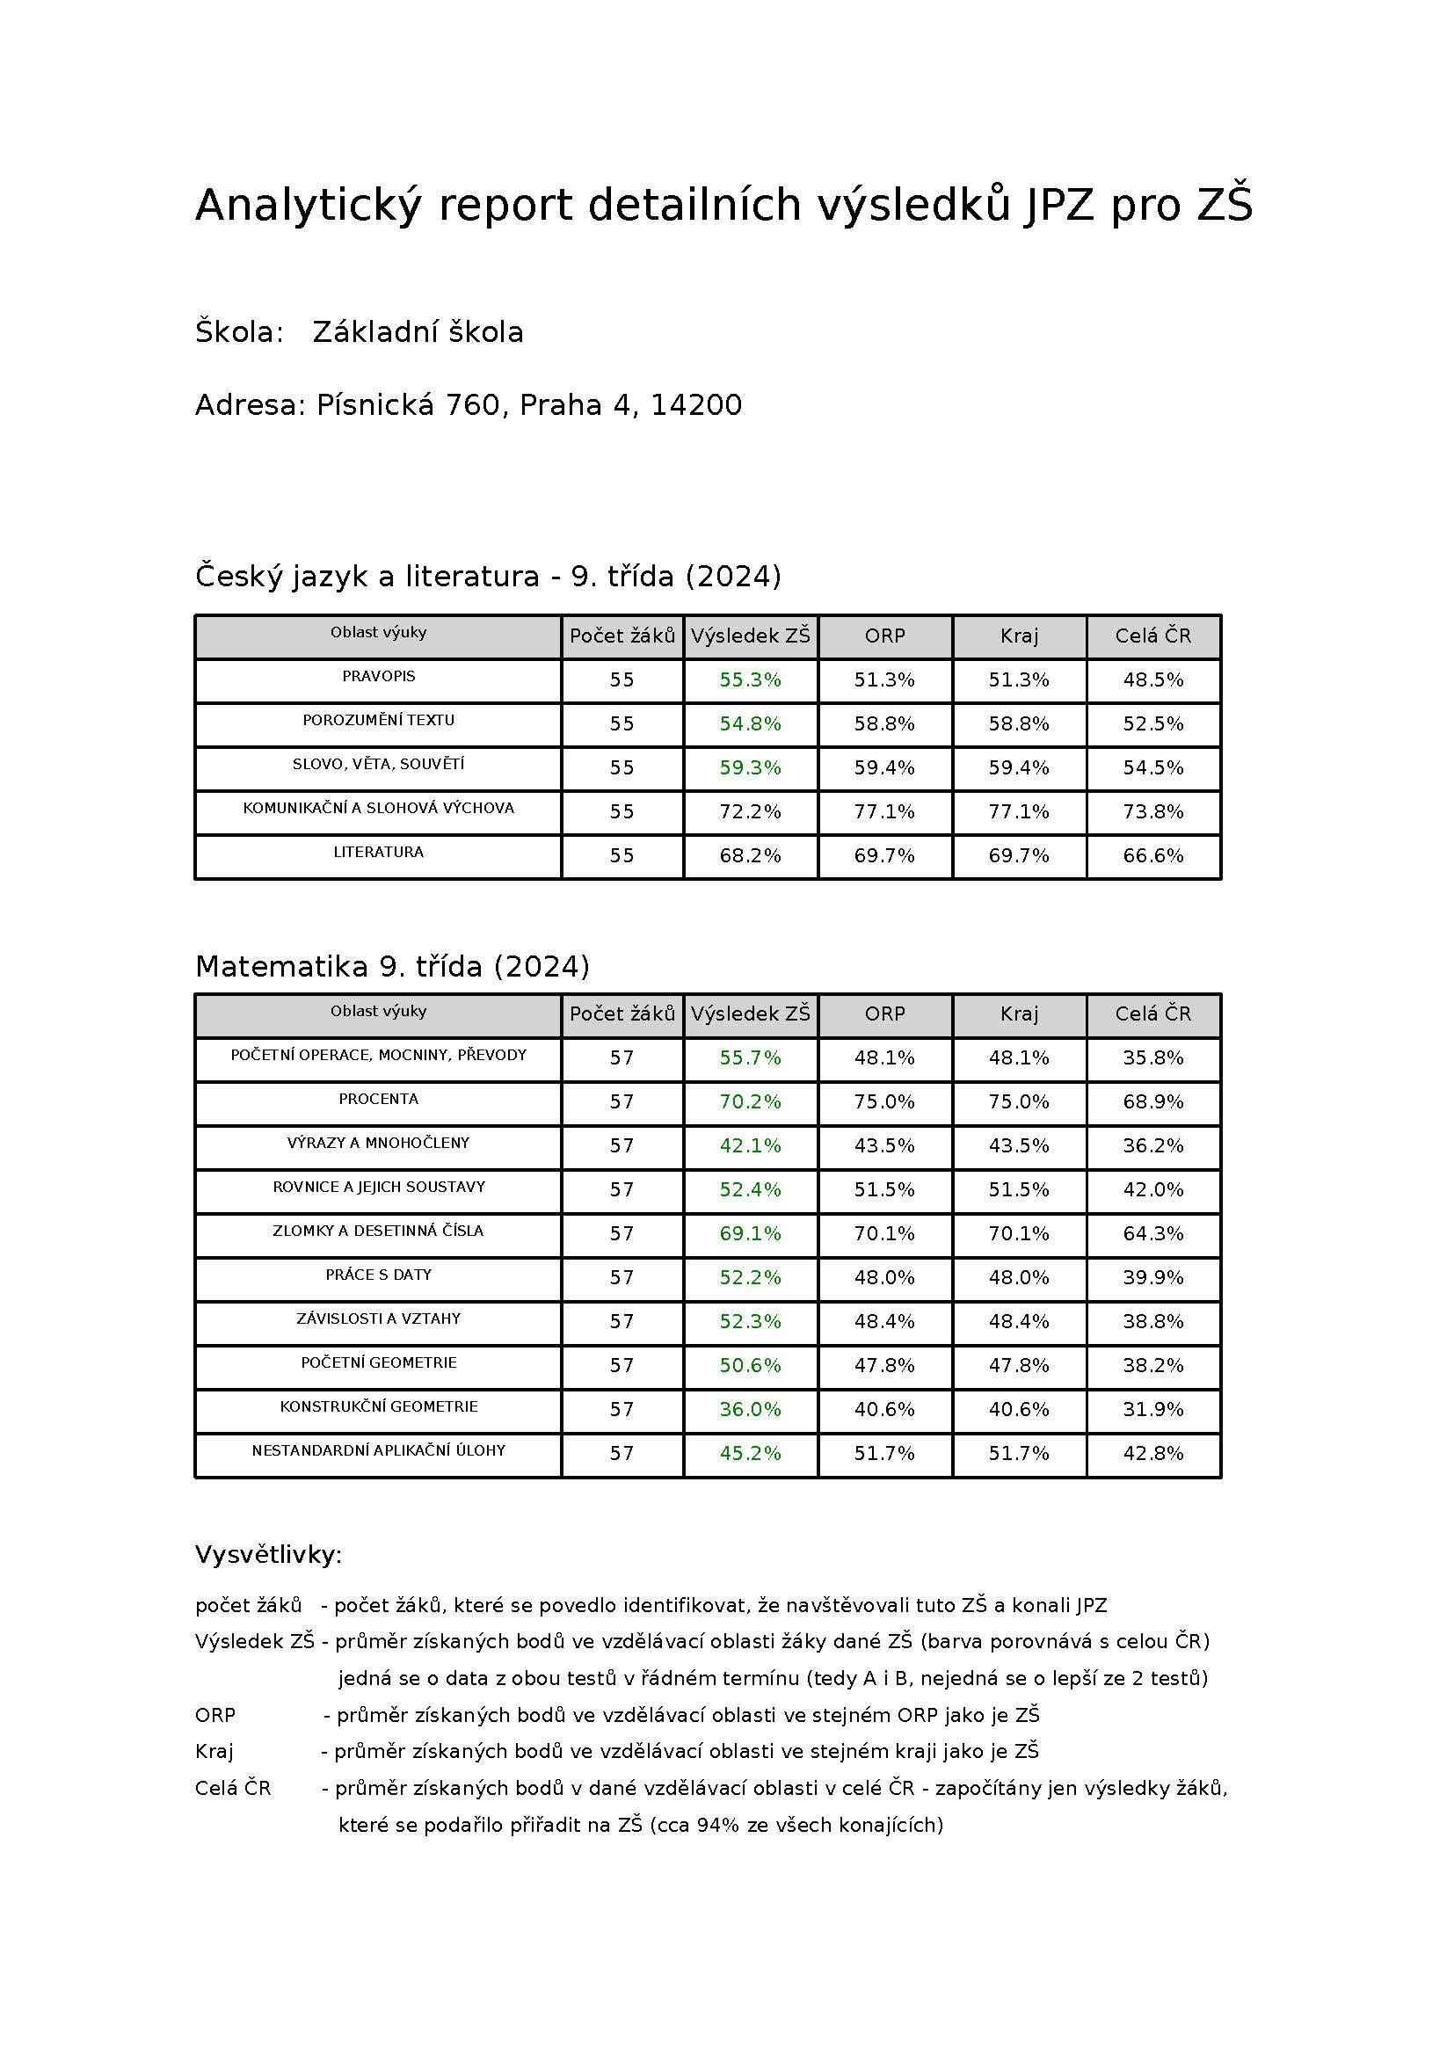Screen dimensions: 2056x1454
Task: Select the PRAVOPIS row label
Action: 378,676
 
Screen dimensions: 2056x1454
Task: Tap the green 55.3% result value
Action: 750,680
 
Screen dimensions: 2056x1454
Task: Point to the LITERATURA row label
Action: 378,852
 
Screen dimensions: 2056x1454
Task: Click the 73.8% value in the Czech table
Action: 1153,812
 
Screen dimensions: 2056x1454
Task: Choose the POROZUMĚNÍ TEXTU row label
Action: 378,720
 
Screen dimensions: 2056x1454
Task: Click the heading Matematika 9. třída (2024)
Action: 392,966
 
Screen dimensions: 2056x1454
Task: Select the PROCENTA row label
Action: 378,1099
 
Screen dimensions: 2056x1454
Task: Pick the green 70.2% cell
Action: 750,1102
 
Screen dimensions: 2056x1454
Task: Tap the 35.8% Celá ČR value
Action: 1153,1058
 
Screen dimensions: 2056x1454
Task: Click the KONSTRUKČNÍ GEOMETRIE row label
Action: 378,1406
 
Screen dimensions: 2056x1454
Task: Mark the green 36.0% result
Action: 750,1409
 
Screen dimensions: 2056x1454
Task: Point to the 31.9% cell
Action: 1153,1409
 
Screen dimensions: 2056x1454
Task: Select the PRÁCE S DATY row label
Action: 378,1275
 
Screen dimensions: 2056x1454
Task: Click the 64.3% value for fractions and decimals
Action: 1153,1234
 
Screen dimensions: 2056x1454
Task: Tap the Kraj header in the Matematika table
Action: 1019,1014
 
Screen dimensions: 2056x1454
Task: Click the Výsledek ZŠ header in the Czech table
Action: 750,636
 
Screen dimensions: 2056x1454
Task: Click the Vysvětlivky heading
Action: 269,1555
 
